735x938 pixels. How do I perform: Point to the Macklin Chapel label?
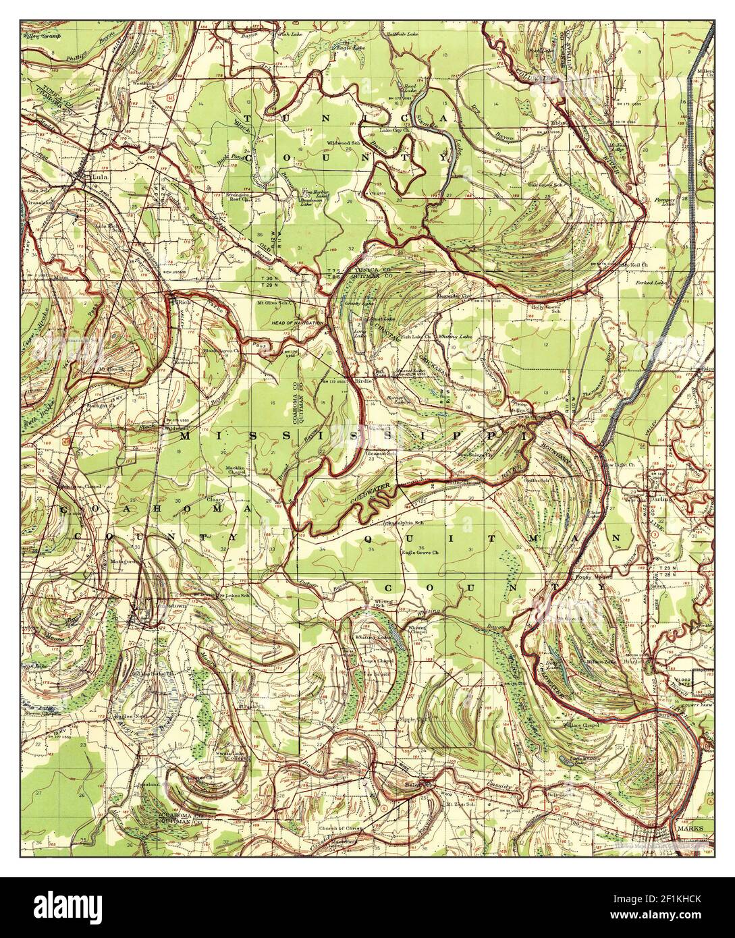(x=239, y=470)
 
